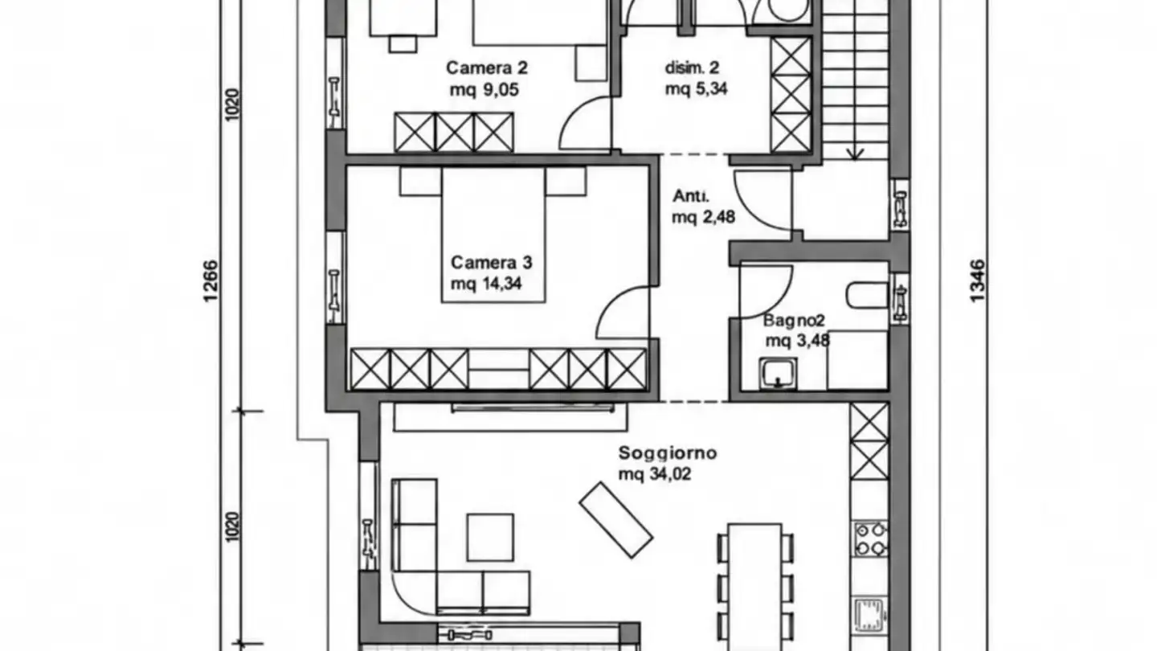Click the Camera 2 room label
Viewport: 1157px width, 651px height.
[487, 68]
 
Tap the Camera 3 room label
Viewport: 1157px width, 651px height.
[491, 263]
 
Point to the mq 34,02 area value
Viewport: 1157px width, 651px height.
[654, 474]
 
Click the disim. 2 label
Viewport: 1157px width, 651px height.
[692, 68]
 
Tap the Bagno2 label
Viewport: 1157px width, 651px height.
[794, 321]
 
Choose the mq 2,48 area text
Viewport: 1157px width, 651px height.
[703, 217]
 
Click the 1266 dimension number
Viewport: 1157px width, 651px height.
[211, 281]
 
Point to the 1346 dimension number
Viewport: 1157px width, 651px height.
[977, 281]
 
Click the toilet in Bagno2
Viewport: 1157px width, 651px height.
[867, 296]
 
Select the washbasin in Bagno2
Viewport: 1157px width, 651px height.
[778, 374]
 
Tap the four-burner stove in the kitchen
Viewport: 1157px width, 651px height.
[870, 538]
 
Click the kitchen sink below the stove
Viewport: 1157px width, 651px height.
[870, 615]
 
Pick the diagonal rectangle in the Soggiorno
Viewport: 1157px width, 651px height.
[615, 520]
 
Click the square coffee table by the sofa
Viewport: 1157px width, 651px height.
[490, 538]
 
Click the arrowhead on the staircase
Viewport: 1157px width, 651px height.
[855, 154]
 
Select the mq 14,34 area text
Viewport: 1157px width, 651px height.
[486, 284]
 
